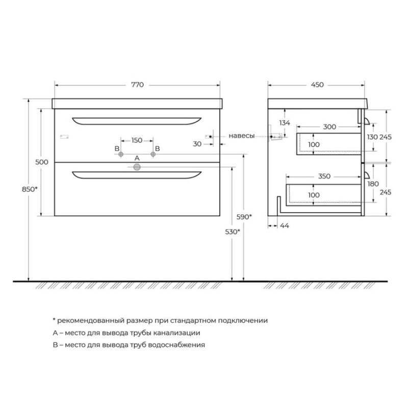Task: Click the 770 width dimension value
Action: click(x=137, y=85)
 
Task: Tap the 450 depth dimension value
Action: click(x=317, y=85)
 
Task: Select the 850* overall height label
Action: click(x=30, y=189)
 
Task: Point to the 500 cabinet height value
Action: click(x=42, y=162)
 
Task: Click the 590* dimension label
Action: click(x=244, y=216)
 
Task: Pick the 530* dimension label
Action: click(x=233, y=232)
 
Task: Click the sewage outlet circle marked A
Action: click(x=137, y=167)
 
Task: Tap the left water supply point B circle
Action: click(x=121, y=155)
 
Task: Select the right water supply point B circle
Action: click(x=153, y=155)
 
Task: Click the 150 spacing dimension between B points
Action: click(x=137, y=141)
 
